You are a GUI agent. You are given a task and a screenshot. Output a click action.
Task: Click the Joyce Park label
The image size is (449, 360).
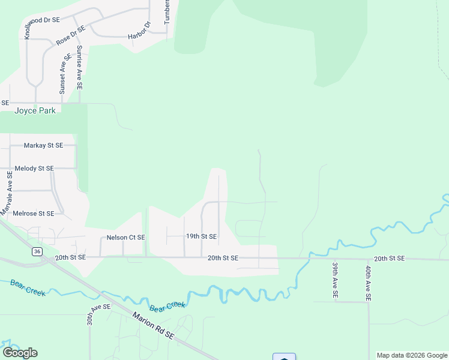coord(35,111)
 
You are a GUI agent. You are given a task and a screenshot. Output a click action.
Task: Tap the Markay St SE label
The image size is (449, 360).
coord(43,145)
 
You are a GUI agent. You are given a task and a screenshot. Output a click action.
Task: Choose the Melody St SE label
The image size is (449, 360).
coord(34,169)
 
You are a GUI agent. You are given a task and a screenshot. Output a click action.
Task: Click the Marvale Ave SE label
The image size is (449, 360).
coord(7,193)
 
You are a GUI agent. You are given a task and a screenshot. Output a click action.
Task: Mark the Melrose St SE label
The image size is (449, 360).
coord(34,213)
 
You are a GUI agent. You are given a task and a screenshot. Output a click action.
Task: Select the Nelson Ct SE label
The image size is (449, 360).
coord(125,237)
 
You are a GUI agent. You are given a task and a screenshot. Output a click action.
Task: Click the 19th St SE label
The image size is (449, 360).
coord(201,236)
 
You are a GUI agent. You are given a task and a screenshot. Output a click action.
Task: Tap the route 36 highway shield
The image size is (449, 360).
coord(38,252)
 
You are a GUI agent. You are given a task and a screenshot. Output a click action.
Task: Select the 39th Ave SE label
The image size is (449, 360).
coord(335,281)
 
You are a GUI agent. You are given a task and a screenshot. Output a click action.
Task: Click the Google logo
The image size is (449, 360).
coord(20,353)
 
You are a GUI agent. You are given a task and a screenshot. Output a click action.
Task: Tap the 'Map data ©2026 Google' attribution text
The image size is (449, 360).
coord(412,355)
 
